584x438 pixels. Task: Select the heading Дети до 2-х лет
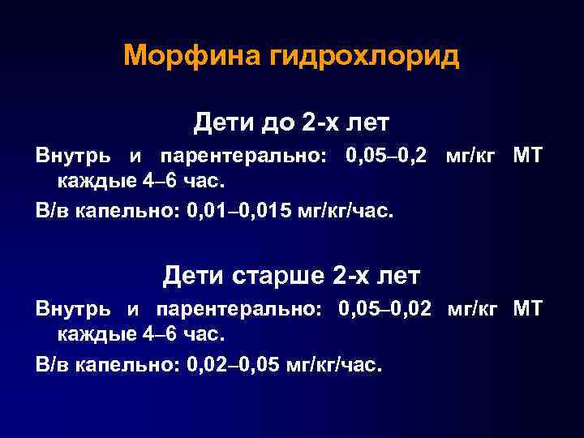pos(291,123)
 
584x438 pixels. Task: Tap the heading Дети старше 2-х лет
pos(291,276)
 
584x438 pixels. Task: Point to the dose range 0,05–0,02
pos(389,309)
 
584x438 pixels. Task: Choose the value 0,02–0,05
pos(234,366)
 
